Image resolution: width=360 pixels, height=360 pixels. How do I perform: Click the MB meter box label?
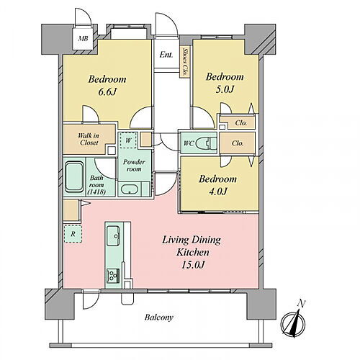point(83,38)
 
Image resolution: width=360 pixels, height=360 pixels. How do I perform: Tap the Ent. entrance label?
point(166,55)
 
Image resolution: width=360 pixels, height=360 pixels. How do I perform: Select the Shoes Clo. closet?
point(185,62)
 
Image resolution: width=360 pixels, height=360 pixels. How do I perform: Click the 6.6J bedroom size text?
point(107,91)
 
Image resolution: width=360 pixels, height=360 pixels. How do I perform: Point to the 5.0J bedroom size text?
point(225,89)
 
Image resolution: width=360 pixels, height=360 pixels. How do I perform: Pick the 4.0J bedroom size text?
point(218,192)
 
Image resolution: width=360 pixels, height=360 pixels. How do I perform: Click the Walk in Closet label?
point(89,139)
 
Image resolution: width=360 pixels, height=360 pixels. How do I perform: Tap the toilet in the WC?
point(206,144)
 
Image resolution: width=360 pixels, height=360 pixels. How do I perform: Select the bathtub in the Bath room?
point(74,177)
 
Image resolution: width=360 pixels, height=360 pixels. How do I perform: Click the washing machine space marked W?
point(128,140)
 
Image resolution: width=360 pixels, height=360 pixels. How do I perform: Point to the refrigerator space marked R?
point(73,234)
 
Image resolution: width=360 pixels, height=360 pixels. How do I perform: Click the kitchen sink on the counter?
point(113,235)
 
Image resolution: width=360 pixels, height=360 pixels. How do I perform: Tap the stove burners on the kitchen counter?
point(113,276)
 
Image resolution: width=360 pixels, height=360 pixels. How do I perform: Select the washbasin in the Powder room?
point(130,189)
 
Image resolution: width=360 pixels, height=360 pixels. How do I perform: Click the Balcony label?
point(158,318)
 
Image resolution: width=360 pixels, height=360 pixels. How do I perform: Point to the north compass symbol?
point(293,324)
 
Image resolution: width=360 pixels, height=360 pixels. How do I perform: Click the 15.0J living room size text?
point(193,265)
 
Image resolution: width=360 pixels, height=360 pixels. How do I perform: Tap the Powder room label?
point(134,166)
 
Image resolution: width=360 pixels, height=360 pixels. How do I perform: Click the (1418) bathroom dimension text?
point(96,192)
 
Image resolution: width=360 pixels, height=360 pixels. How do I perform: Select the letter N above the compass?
point(301,304)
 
